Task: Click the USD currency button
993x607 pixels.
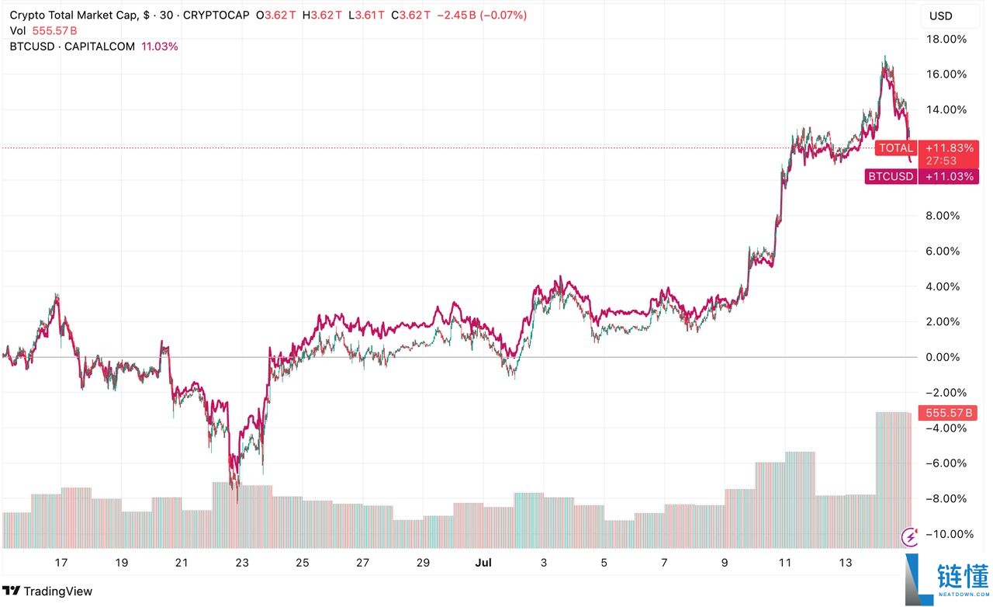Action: [940, 16]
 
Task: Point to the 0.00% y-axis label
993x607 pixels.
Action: [948, 357]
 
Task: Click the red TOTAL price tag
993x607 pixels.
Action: [895, 147]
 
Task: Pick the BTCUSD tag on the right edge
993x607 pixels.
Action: [891, 177]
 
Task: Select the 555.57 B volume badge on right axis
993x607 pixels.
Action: [946, 413]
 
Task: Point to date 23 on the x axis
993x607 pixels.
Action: [242, 563]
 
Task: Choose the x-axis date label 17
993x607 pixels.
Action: [61, 563]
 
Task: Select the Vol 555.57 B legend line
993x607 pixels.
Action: [43, 30]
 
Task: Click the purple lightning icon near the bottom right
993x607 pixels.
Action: [910, 536]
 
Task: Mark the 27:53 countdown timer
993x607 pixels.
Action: [941, 161]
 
